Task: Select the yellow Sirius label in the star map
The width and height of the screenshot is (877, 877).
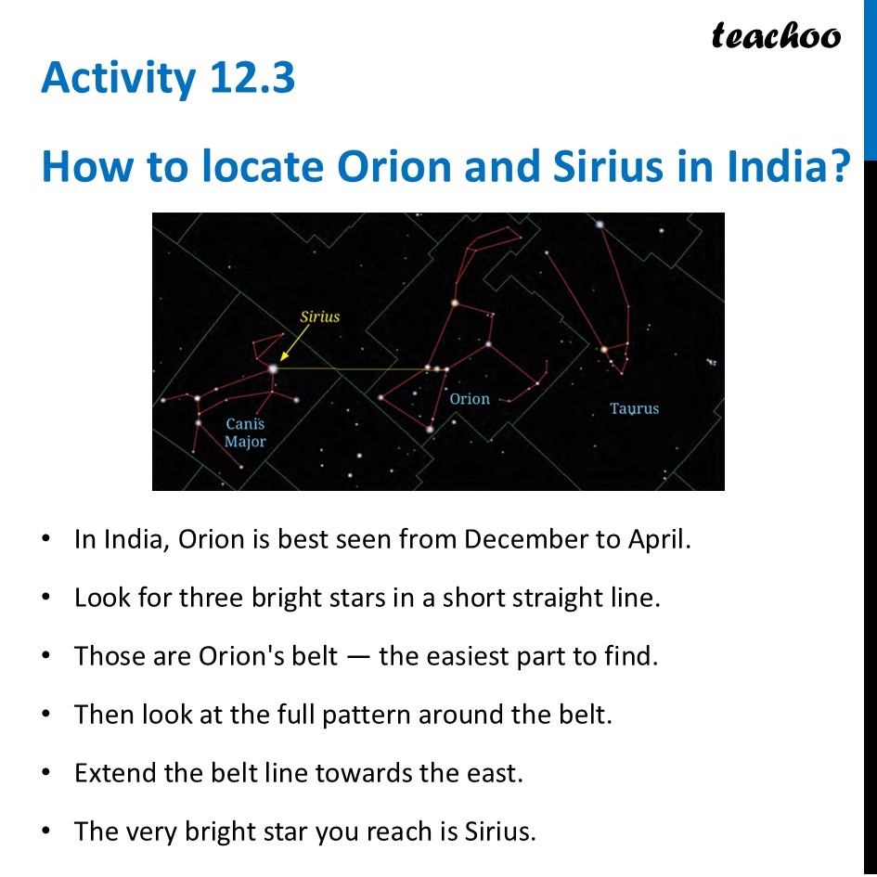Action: click(x=320, y=317)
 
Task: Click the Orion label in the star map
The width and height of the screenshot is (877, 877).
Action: click(x=470, y=399)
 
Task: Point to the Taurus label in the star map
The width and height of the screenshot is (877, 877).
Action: click(x=634, y=409)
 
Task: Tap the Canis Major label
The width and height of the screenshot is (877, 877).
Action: click(x=245, y=432)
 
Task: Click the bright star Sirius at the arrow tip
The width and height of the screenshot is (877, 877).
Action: click(x=273, y=368)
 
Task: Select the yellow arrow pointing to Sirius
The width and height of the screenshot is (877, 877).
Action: click(x=294, y=342)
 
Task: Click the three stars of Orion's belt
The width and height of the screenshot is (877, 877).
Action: click(x=437, y=368)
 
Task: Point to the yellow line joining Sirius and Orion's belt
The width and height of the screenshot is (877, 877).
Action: click(x=360, y=368)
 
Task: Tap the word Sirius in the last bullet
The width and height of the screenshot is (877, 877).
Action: click(x=500, y=832)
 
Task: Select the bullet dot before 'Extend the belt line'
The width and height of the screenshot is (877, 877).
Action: click(x=45, y=773)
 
